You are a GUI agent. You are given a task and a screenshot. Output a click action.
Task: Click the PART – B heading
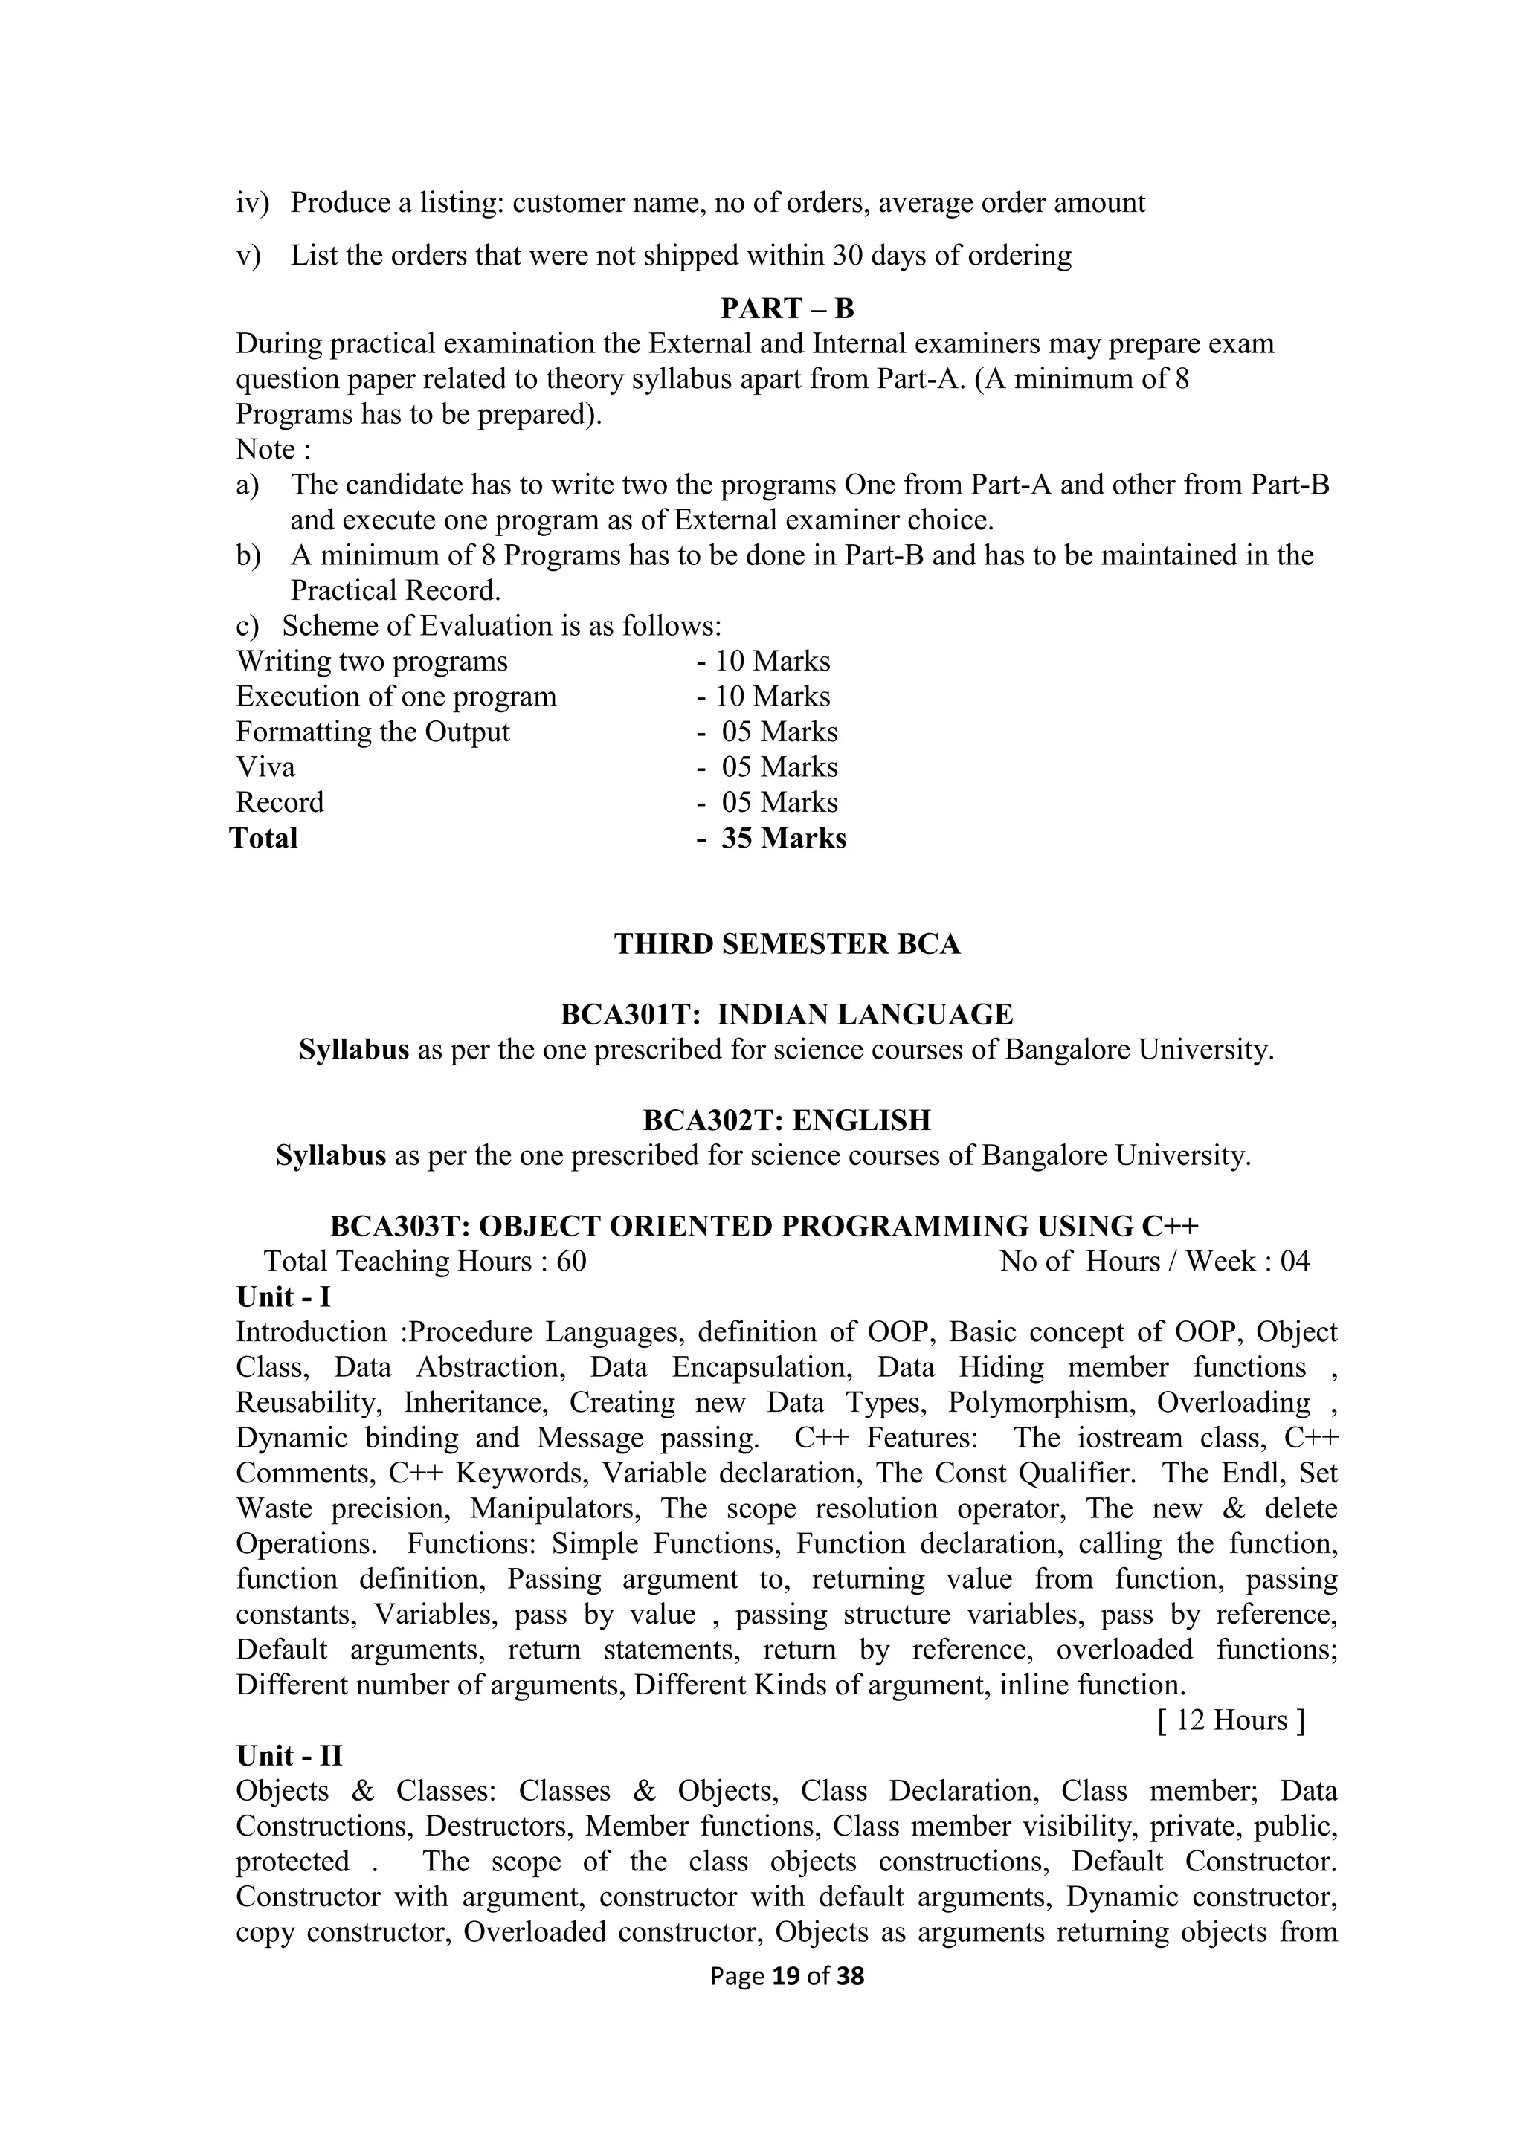(787, 309)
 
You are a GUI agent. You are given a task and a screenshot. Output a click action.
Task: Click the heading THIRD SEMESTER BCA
(787, 943)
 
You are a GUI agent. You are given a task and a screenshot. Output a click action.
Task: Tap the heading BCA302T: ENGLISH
(787, 1120)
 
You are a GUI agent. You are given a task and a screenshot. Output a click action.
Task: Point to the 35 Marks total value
(783, 839)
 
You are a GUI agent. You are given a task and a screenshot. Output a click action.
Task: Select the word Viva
(265, 767)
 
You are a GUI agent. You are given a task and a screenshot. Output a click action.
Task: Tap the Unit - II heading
(289, 1755)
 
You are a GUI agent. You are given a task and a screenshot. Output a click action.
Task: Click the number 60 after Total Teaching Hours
(571, 1261)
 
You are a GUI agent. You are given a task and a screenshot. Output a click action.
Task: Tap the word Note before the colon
(265, 450)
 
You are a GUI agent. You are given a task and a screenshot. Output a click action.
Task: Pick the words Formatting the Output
(373, 732)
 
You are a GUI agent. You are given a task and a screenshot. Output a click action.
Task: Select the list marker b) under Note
(248, 556)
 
